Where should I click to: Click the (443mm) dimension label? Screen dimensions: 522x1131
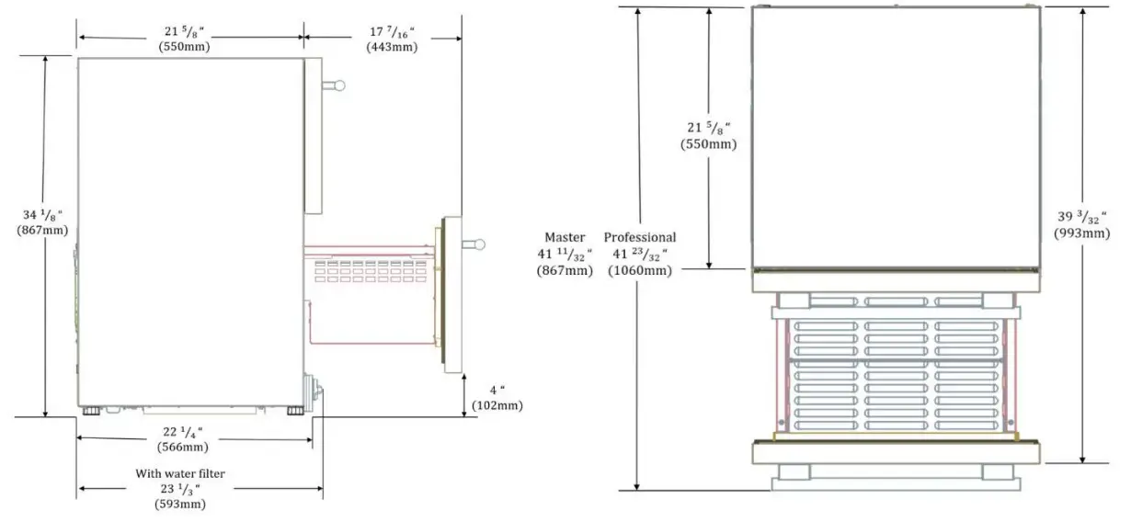tap(391, 47)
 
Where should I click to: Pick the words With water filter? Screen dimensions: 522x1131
tap(180, 474)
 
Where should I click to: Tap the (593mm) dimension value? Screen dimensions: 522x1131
tap(180, 504)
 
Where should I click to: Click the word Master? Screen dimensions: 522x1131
tap(565, 237)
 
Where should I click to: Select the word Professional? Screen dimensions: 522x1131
tap(640, 237)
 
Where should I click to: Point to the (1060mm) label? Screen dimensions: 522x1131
tap(640, 270)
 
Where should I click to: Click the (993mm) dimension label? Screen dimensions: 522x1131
tap(1081, 233)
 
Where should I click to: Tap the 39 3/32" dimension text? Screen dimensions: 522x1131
tap(1081, 217)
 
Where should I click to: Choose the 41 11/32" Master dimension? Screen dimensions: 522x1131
tap(565, 254)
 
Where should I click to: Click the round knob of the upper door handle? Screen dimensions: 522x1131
tap(339, 86)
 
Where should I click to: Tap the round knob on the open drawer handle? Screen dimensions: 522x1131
tap(479, 244)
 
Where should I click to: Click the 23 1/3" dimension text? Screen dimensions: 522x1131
tap(180, 489)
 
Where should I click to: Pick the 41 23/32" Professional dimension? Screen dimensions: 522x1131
tap(640, 254)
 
